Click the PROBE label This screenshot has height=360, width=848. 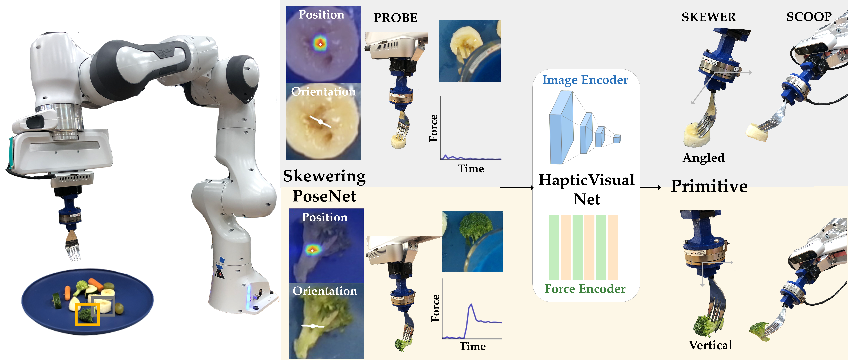click(395, 18)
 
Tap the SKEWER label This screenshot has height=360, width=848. click(708, 17)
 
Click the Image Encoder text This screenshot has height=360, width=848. click(585, 80)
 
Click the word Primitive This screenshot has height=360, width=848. click(709, 186)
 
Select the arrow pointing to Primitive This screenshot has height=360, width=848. click(650, 188)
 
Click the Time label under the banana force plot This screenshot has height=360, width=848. click(471, 169)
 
